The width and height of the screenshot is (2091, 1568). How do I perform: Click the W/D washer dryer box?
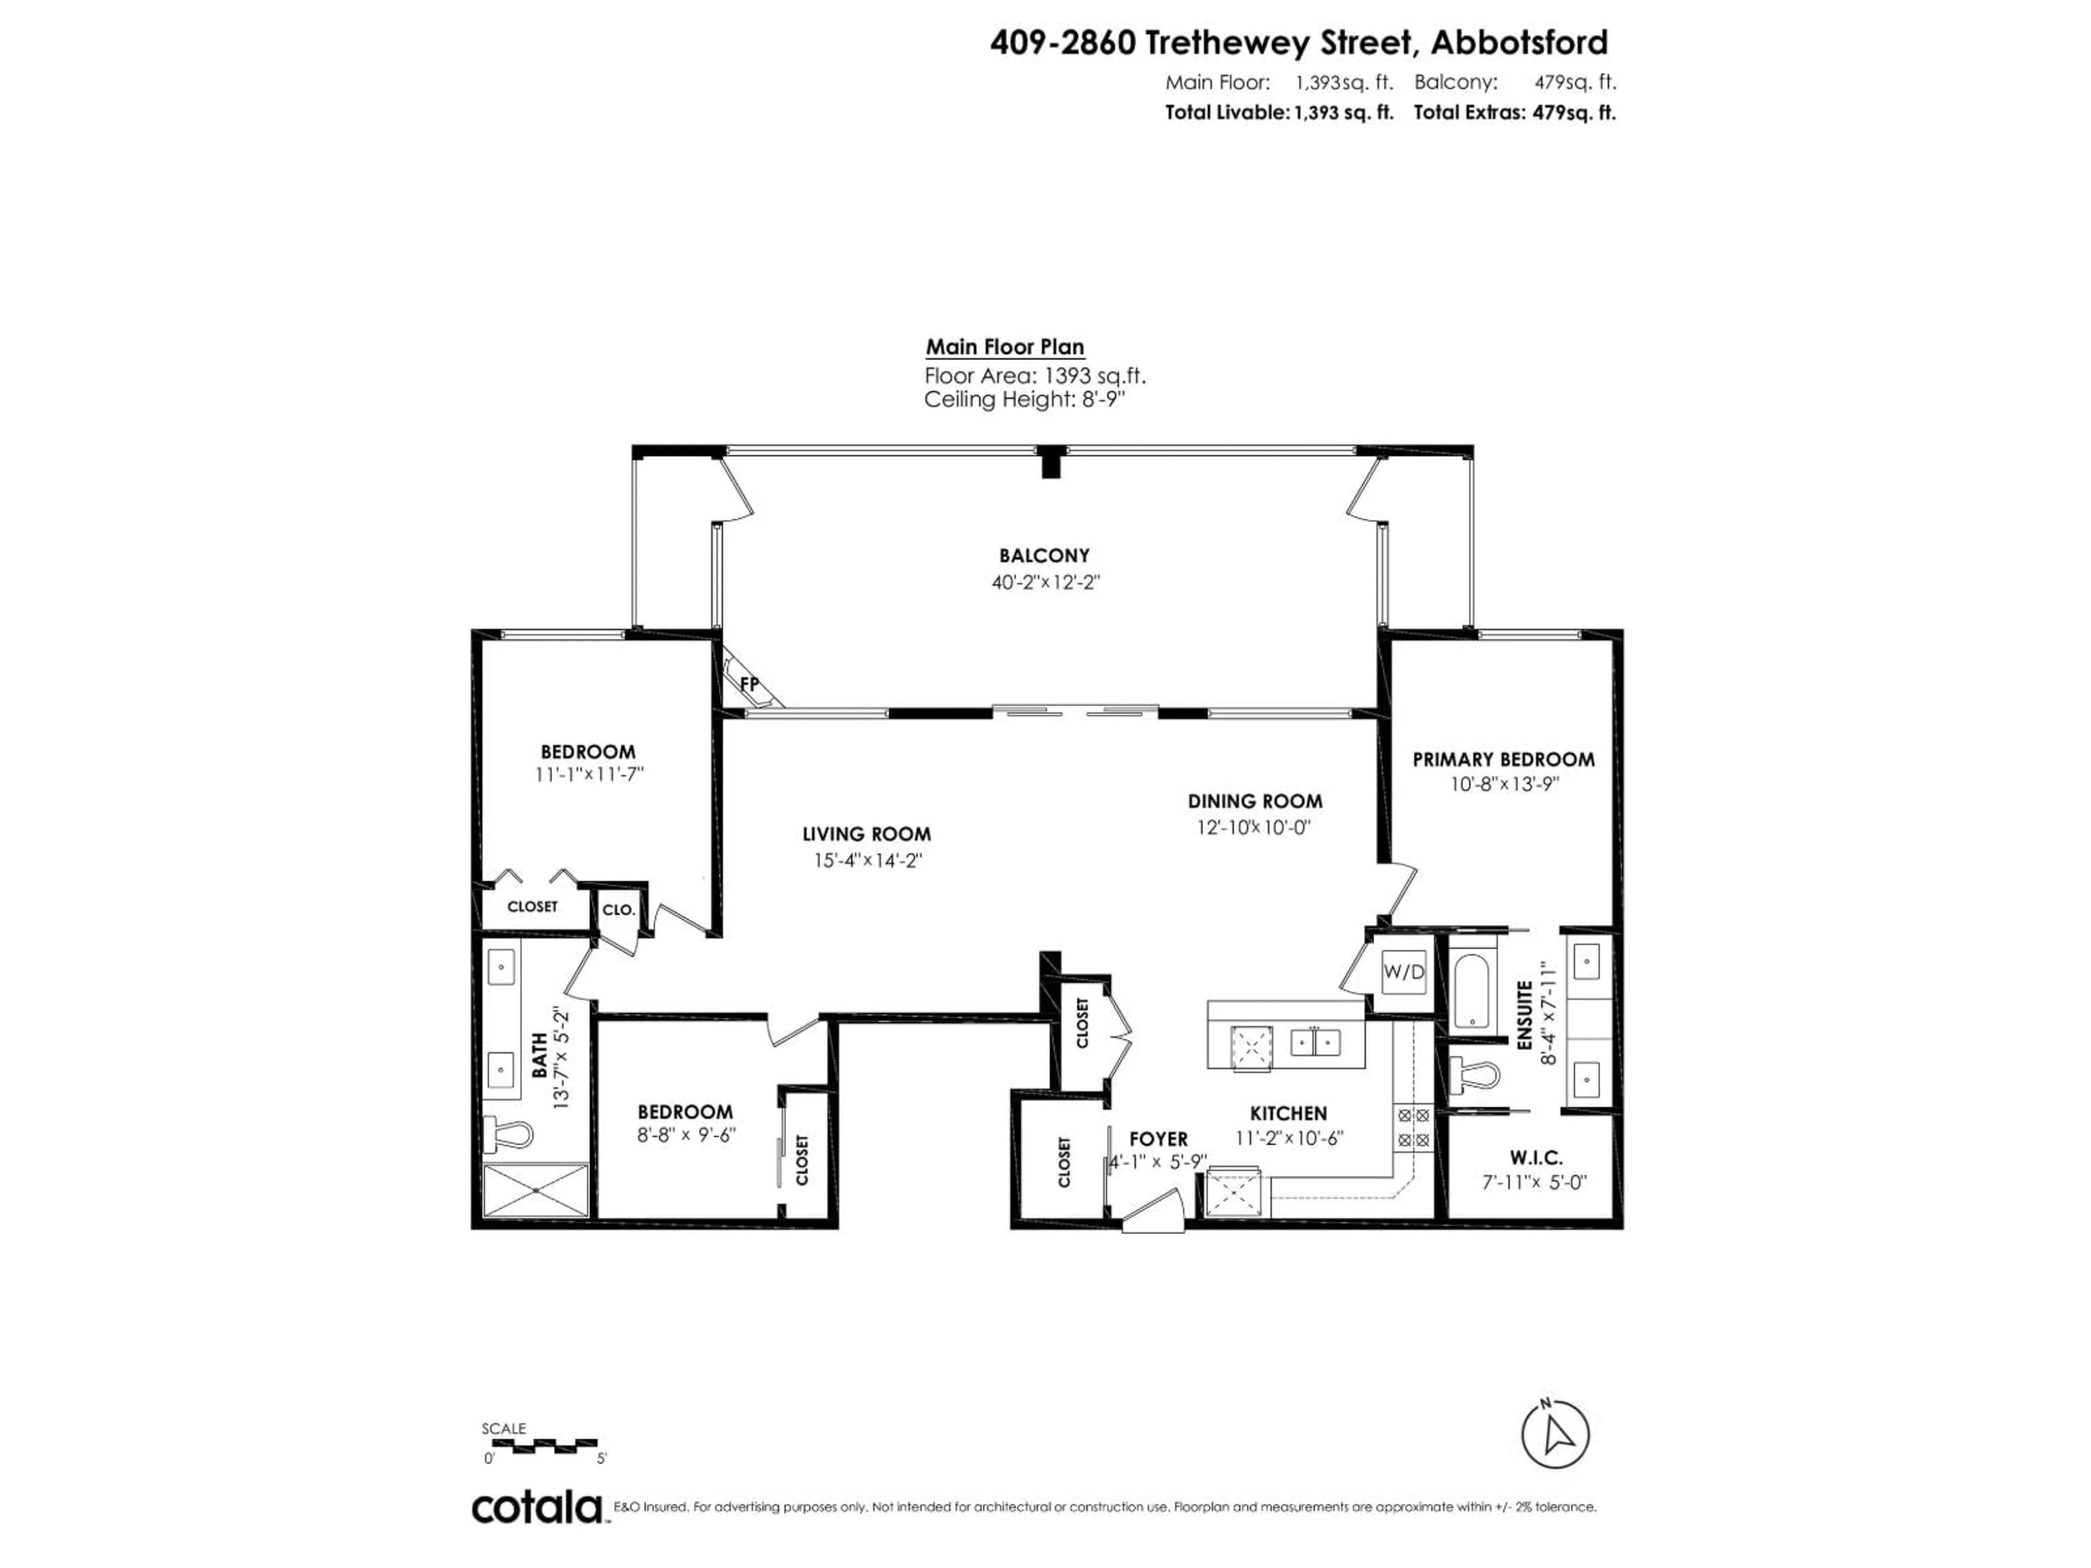1403,972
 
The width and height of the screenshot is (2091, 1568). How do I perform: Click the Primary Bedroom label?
1503,759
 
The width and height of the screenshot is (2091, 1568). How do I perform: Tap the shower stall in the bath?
536,1190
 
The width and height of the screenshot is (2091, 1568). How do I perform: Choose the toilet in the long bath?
509,1132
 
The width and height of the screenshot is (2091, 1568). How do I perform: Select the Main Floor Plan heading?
1004,347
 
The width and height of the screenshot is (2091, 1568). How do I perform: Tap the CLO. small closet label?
618,910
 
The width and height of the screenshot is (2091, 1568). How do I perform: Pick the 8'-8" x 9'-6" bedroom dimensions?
686,1135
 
